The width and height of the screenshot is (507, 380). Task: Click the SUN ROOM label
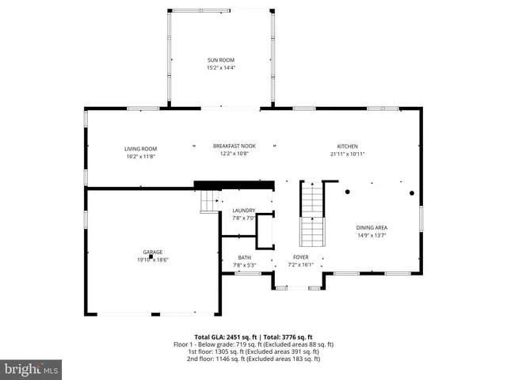pyautogui.click(x=221, y=60)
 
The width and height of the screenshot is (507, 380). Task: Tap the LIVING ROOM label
pyautogui.click(x=140, y=149)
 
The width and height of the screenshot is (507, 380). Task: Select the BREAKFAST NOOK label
pyautogui.click(x=234, y=146)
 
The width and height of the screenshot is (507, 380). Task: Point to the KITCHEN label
pyautogui.click(x=348, y=146)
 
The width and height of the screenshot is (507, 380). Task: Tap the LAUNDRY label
pyautogui.click(x=243, y=211)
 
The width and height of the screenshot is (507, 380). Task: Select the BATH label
pyautogui.click(x=244, y=257)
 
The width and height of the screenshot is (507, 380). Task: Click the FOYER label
pyautogui.click(x=300, y=257)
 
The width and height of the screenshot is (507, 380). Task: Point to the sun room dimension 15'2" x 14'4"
pyautogui.click(x=221, y=68)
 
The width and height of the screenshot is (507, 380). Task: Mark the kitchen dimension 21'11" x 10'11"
pyautogui.click(x=348, y=154)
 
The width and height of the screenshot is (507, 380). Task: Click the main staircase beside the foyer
pyautogui.click(x=312, y=215)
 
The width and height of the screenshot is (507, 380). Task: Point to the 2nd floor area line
pyautogui.click(x=253, y=359)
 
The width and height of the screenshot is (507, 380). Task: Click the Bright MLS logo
pyautogui.click(x=32, y=369)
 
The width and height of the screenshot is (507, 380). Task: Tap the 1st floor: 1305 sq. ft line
pyautogui.click(x=253, y=351)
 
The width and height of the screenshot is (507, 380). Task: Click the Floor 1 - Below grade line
pyautogui.click(x=253, y=344)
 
